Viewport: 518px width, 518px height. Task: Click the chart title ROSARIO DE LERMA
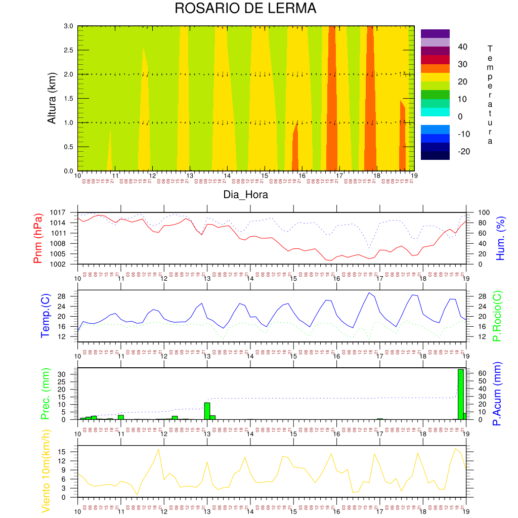(245, 9)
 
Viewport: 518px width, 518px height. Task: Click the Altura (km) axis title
(52, 98)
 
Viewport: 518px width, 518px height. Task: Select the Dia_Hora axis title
(246, 195)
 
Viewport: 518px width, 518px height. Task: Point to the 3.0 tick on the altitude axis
(68, 26)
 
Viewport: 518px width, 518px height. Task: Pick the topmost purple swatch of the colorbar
(435, 33)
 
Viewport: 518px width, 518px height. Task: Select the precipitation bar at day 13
(207, 411)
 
